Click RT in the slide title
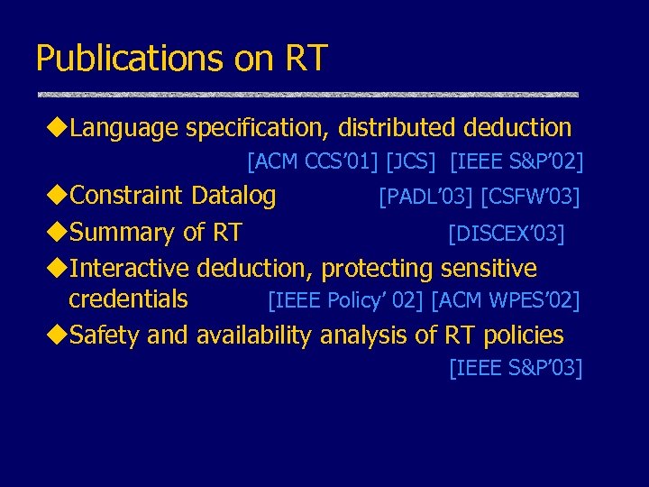point(306,59)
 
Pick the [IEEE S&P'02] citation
point(516,162)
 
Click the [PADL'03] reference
point(426,196)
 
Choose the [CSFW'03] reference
point(531,196)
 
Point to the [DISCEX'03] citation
point(507,234)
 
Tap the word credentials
point(128,299)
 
